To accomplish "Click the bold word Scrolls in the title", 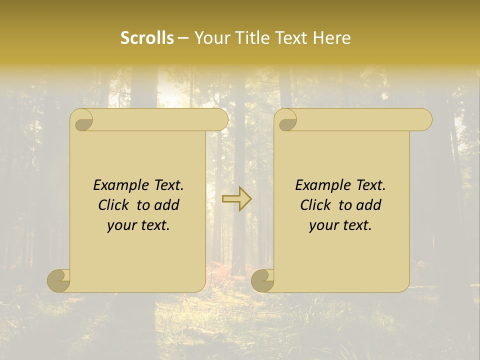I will coord(147,38).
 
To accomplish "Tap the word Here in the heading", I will coord(332,38).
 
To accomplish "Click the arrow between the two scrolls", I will coord(236,199).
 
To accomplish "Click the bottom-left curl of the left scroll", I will coord(59,280).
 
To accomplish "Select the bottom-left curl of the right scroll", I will coord(263,280).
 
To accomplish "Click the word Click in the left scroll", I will coord(113,205).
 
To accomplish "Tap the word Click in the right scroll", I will coord(315,205).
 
